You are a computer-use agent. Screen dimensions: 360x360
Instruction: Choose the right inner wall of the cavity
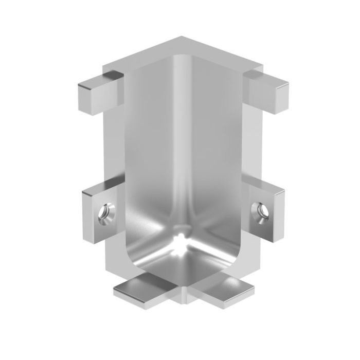(216, 154)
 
